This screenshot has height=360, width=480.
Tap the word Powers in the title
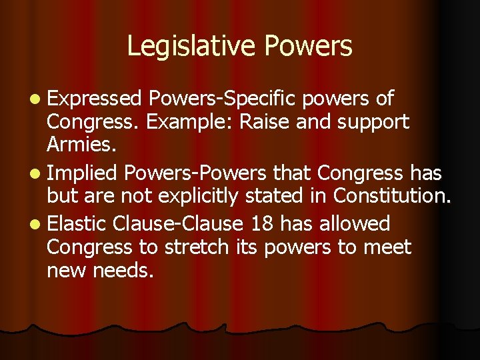308,46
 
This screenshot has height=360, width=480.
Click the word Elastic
78,223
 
